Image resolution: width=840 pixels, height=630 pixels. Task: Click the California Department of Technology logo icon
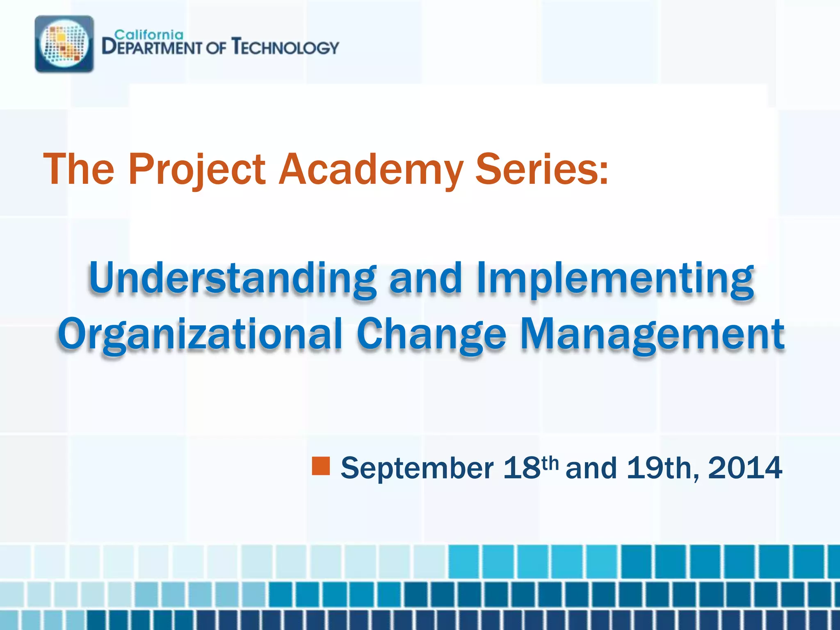[64, 44]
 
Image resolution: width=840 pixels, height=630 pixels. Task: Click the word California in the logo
[148, 34]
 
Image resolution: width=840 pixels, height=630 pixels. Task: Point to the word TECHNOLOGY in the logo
[285, 47]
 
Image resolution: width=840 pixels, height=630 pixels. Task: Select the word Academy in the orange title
[371, 169]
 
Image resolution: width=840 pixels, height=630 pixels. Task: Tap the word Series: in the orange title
[541, 169]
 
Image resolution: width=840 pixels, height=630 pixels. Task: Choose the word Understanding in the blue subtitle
[232, 279]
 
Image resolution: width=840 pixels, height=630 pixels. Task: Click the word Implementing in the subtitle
[615, 279]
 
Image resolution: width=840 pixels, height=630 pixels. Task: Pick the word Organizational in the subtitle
[200, 334]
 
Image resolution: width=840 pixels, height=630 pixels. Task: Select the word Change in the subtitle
[431, 334]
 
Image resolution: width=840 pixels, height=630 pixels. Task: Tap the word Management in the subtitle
[652, 334]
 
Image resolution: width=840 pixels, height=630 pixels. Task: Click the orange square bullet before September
[321, 466]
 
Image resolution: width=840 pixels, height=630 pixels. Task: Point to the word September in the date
[417, 468]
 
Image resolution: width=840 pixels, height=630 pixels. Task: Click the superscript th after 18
[550, 463]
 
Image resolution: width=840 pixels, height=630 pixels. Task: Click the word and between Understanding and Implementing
[426, 279]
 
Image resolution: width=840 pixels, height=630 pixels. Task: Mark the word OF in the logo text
[216, 48]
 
